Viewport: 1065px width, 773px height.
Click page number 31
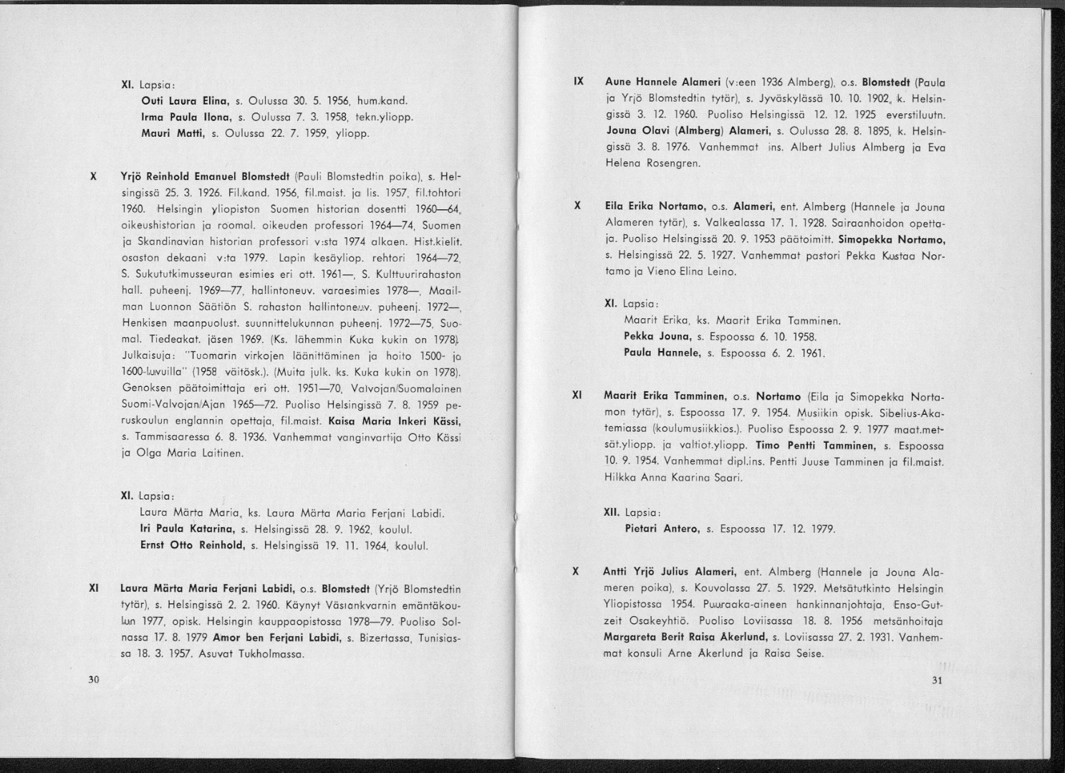[x=938, y=681]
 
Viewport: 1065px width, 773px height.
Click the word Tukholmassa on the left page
[x=272, y=654]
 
